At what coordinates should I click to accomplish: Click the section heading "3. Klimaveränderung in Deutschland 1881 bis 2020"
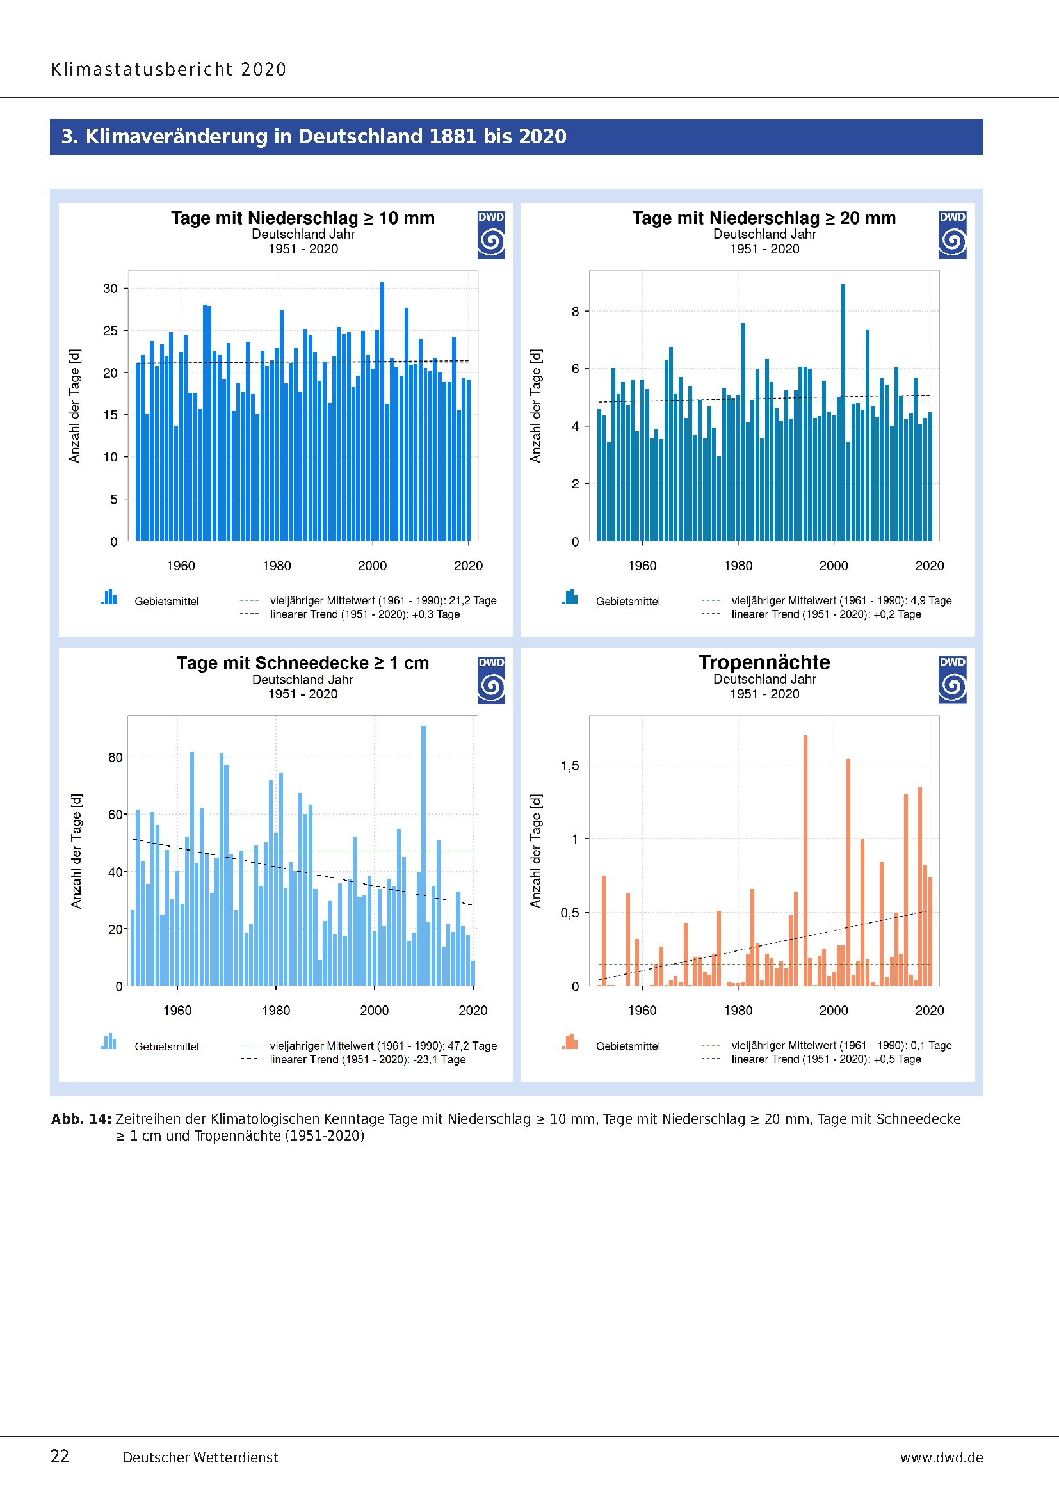(314, 136)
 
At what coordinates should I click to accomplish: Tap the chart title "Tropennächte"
(764, 662)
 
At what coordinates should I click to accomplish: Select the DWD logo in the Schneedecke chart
(491, 680)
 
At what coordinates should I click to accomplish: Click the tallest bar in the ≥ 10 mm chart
(382, 411)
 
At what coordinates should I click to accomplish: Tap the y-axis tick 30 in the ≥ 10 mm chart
(110, 288)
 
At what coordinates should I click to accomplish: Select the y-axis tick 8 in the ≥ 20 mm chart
(575, 312)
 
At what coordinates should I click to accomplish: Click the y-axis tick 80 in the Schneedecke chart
(115, 757)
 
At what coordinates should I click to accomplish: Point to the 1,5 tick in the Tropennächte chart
(570, 765)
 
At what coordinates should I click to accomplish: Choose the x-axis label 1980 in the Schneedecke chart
(276, 1010)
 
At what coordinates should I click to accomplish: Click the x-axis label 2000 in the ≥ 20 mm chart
(834, 565)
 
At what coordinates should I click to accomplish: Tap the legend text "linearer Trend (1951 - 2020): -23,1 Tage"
(368, 1059)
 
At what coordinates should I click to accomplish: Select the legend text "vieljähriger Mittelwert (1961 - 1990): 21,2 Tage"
(383, 600)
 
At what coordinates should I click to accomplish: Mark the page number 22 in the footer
(60, 1456)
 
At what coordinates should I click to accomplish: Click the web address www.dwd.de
(941, 1457)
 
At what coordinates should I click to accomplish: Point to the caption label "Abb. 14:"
(81, 1119)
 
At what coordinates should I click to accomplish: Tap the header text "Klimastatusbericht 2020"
(168, 69)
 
